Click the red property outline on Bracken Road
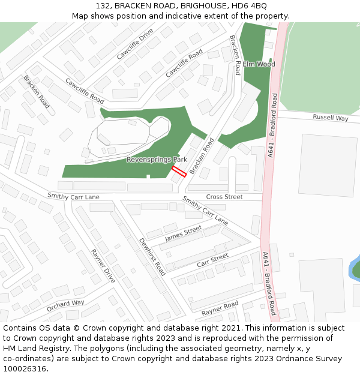click(x=179, y=171)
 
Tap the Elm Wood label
click(x=259, y=64)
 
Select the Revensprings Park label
click(x=157, y=160)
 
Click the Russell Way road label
click(x=330, y=118)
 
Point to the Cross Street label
click(x=224, y=197)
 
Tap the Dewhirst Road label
click(x=152, y=257)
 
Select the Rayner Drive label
click(x=103, y=266)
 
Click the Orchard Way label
click(x=65, y=306)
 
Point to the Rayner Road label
click(x=220, y=308)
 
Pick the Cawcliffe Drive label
click(x=135, y=44)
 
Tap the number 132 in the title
click(x=103, y=5)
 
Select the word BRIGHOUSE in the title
click(x=193, y=5)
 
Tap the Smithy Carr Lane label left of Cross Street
click(x=74, y=196)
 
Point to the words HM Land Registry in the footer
click(x=32, y=348)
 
